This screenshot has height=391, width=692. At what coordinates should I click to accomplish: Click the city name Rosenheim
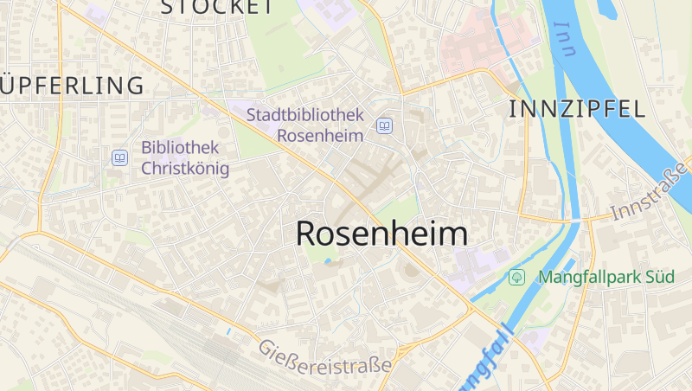click(381, 234)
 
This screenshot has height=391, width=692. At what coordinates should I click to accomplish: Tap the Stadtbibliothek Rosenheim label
click(304, 125)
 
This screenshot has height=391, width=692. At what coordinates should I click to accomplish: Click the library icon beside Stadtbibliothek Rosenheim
click(384, 126)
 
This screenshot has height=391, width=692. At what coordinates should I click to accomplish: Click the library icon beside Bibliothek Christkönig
click(119, 157)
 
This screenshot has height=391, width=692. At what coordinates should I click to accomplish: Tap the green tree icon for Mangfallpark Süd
click(516, 278)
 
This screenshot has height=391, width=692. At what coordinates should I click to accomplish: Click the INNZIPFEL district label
click(577, 109)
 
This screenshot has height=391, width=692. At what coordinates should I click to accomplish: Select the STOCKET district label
click(217, 7)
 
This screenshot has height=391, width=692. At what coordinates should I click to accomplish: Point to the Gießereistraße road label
click(324, 357)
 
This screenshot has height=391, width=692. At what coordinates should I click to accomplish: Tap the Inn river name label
click(565, 38)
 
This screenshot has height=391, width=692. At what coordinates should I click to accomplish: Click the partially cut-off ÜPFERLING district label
click(72, 85)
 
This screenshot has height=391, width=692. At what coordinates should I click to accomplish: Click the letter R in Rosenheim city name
click(307, 234)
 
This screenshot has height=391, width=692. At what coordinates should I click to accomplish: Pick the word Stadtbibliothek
click(304, 114)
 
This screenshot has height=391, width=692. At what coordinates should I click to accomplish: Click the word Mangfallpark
click(590, 278)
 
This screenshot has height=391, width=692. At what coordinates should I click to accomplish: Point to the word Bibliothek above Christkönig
click(180, 147)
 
